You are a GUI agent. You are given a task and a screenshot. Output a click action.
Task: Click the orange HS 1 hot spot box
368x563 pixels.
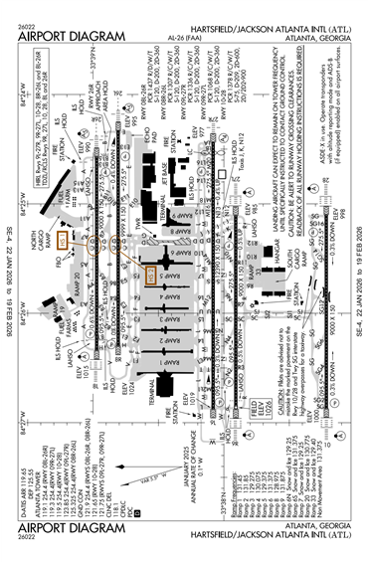(x=63, y=211)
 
